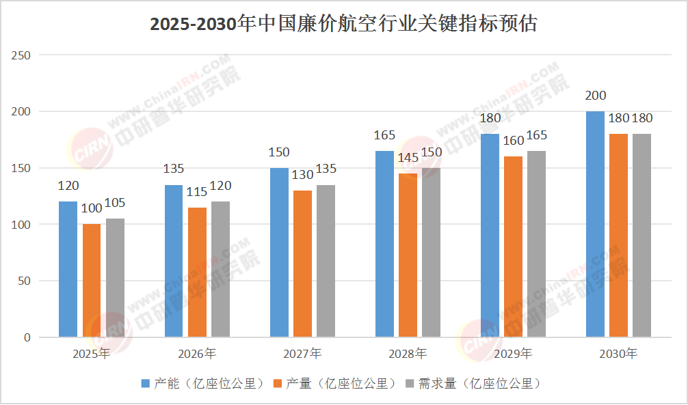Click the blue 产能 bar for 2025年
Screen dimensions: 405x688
[68, 269]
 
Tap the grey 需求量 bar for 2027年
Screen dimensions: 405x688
[326, 261]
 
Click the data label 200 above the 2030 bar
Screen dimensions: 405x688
[596, 96]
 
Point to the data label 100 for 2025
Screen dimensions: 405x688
[92, 209]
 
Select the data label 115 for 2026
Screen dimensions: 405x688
[197, 192]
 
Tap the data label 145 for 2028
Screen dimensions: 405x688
[408, 158]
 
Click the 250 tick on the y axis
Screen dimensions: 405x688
[21, 55]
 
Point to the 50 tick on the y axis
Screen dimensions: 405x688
[25, 281]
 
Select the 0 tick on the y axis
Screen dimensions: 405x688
[27, 337]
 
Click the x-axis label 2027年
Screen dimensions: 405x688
[302, 354]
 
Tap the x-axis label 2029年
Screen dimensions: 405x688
[513, 354]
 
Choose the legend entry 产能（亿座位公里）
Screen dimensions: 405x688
[202, 384]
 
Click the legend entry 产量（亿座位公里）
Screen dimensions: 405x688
[335, 384]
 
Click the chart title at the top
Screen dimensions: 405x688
[344, 24]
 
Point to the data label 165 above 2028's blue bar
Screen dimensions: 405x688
[384, 135]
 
